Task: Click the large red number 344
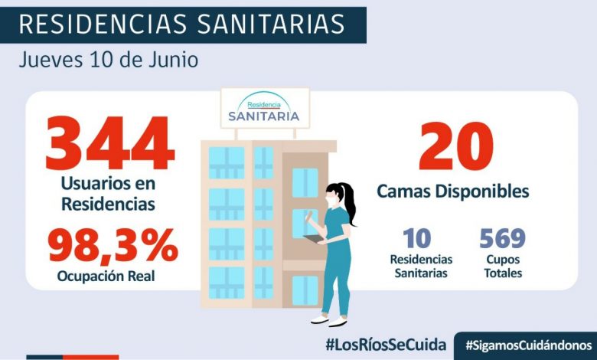[x=109, y=144]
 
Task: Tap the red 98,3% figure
[x=113, y=245]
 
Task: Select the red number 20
[x=455, y=148]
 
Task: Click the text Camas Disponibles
[x=453, y=191]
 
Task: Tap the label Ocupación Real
[x=106, y=276]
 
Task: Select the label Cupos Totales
[x=502, y=267]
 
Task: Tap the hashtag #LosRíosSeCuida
[x=385, y=344]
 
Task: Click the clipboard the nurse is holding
[x=313, y=240]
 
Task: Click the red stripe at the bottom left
[x=73, y=356]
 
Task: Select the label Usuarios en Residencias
[x=109, y=195]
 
